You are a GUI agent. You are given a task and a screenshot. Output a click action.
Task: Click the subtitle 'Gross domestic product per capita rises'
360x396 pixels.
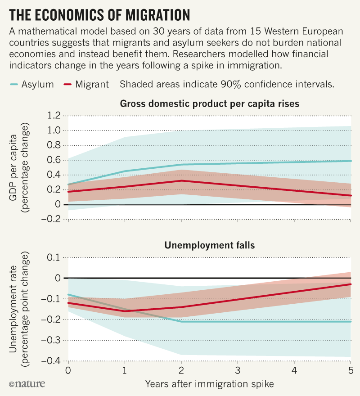point(210,104)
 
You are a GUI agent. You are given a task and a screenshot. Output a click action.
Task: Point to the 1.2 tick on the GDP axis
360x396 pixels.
point(53,116)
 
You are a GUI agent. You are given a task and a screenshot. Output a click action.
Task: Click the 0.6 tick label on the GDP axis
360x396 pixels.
point(53,160)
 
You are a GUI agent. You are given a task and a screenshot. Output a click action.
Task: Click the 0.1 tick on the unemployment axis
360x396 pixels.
point(54,257)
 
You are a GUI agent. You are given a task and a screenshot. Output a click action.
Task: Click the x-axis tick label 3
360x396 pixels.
point(238,370)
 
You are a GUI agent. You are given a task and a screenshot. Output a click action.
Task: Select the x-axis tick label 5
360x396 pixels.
point(351,370)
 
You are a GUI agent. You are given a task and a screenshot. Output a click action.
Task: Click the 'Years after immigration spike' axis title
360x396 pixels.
point(210,384)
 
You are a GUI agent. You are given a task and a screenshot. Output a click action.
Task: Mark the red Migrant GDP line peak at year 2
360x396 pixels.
point(181,180)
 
